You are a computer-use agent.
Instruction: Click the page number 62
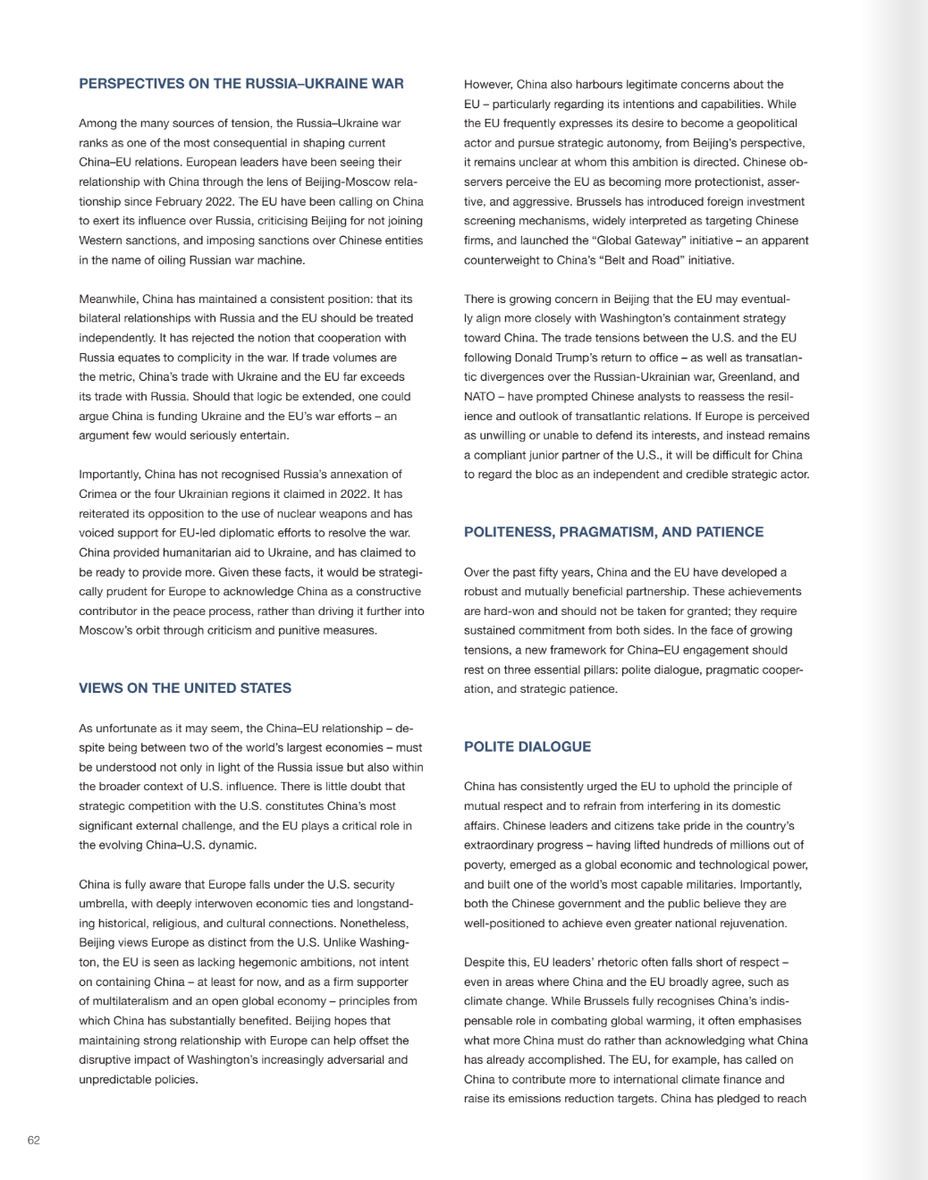point(34,1140)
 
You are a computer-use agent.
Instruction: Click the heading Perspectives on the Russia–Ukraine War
point(241,84)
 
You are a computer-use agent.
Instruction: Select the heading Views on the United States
point(185,688)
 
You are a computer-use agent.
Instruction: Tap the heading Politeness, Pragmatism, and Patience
point(613,532)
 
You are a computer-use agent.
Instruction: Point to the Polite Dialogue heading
point(527,746)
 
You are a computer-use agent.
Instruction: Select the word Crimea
point(99,493)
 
